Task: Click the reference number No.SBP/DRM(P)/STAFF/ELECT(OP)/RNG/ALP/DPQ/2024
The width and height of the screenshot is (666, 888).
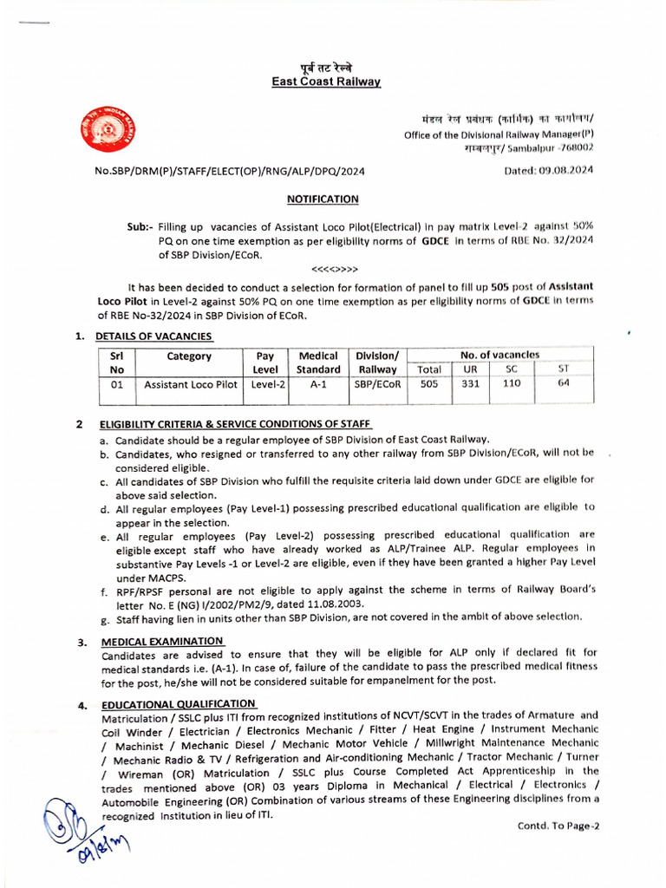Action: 230,171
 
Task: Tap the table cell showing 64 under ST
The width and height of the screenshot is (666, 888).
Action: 564,384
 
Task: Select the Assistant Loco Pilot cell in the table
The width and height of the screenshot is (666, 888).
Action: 190,385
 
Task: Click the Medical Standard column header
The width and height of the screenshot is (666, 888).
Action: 318,362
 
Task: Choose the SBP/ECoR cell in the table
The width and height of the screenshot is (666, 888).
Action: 377,385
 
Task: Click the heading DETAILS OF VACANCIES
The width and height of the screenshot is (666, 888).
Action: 153,336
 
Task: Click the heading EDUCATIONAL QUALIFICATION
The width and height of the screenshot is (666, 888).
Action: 179,703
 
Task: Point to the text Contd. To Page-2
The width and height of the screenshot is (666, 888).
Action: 558,826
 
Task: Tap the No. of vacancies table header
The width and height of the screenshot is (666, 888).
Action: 499,355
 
